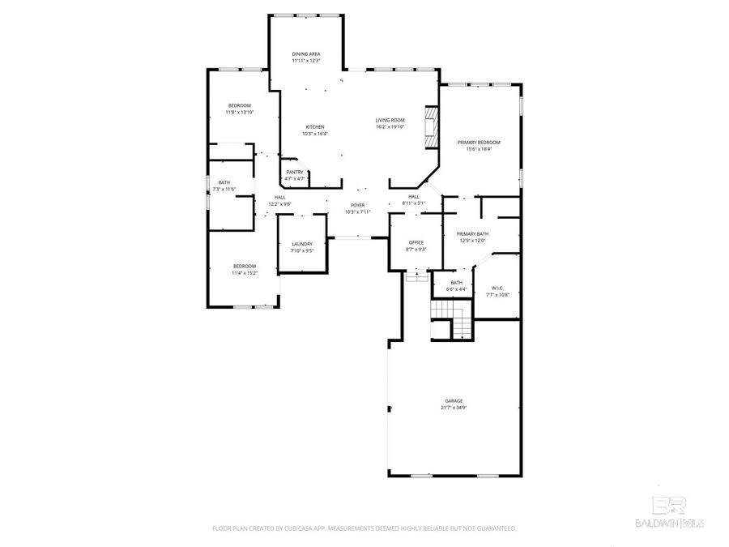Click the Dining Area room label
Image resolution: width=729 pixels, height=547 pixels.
coord(306,54)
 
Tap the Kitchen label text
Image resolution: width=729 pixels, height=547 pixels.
coord(314,127)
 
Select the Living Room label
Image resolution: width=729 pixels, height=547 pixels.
coord(390,120)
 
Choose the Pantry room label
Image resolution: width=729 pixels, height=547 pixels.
coord(294,172)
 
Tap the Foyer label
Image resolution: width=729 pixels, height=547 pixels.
coord(357,206)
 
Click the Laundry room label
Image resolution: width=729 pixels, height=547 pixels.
coord(302,244)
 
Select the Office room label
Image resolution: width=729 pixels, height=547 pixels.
coord(416,242)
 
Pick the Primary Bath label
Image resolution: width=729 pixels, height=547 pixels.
coord(472,233)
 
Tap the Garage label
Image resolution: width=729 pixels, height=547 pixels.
coord(454,400)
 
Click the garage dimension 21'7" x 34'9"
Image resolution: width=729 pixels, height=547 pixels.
coord(454,408)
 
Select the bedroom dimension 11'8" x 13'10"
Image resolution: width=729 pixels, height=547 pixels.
coord(240,113)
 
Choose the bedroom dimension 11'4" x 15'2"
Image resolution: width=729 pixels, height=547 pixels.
coord(245,273)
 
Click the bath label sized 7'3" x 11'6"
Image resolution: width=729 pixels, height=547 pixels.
coord(224,189)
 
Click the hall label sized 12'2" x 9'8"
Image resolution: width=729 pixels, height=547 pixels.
coord(279,203)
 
